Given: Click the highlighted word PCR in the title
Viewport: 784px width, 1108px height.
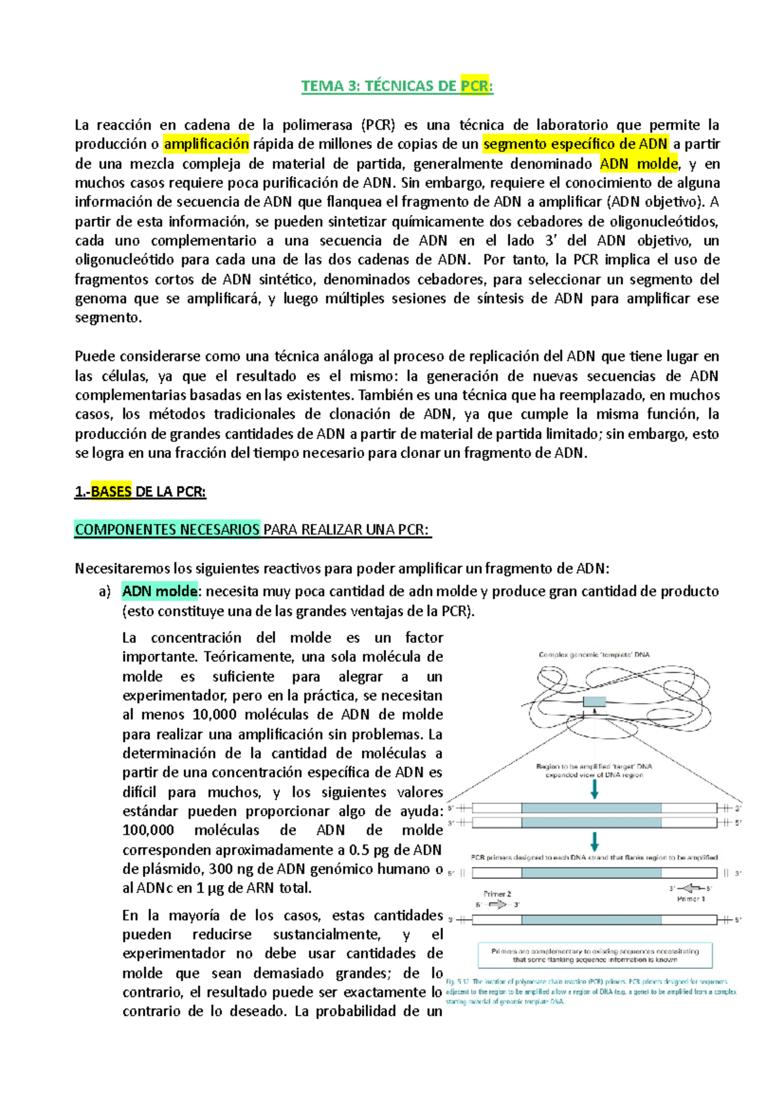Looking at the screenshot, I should (475, 86).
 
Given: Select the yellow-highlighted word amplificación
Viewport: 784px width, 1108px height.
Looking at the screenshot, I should (206, 144).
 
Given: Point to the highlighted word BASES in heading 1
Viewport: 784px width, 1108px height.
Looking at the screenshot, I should (111, 492).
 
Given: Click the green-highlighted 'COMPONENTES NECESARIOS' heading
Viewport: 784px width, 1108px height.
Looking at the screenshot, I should (167, 529).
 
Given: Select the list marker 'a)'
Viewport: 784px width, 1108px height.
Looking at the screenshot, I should (105, 592).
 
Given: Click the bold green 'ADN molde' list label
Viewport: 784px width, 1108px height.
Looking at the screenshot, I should (160, 591).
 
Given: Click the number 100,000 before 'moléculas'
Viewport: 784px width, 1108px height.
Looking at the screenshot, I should (148, 830).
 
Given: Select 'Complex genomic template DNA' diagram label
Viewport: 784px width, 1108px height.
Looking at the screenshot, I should (594, 655).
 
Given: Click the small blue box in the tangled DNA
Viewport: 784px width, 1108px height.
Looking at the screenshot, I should (594, 702).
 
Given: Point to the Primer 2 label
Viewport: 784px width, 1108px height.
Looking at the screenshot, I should (497, 894).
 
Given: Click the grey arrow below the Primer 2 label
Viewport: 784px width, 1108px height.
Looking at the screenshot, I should (497, 905).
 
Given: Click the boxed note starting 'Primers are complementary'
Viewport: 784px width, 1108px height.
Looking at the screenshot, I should (595, 955).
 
